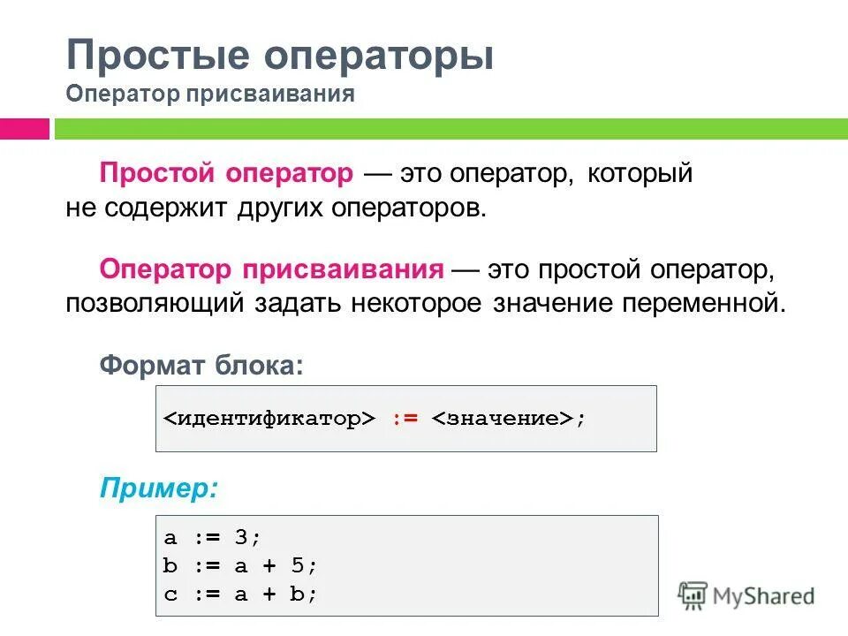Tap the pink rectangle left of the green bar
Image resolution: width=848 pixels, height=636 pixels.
pos(25,129)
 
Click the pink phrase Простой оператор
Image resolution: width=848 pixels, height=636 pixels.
pos(226,173)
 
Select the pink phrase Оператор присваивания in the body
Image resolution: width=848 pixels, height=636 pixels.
pos(271,269)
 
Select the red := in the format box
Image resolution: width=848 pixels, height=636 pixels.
pos(405,419)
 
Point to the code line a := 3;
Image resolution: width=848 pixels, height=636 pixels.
pos(213,537)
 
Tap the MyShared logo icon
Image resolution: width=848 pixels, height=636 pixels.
pos(693,595)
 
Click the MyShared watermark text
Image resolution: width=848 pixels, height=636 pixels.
pos(765,595)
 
